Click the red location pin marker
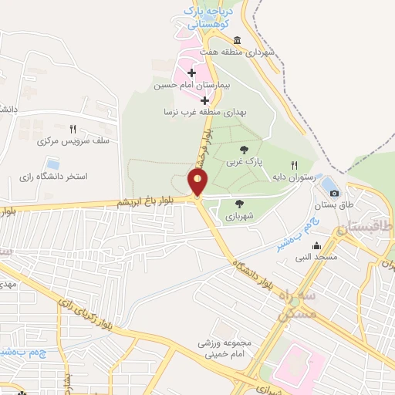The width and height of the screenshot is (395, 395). (x=198, y=183)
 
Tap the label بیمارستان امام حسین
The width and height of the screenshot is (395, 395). (x=192, y=86)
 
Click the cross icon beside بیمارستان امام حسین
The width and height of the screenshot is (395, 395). (x=191, y=73)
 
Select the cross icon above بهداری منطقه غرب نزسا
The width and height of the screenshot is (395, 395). (x=204, y=100)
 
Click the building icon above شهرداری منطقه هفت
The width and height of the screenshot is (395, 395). (x=237, y=40)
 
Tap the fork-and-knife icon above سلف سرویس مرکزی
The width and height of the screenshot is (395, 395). (x=73, y=130)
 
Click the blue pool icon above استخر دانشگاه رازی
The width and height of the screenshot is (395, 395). (x=52, y=164)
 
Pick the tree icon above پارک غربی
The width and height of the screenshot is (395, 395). (x=244, y=150)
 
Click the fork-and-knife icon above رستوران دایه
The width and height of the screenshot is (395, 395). (x=294, y=165)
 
